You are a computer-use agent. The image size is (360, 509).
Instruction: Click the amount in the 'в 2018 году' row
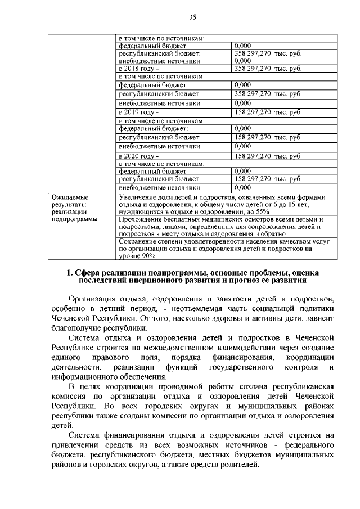[268, 69]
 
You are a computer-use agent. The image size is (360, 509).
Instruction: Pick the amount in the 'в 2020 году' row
[268, 156]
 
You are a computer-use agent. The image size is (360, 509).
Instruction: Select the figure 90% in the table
[134, 256]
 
